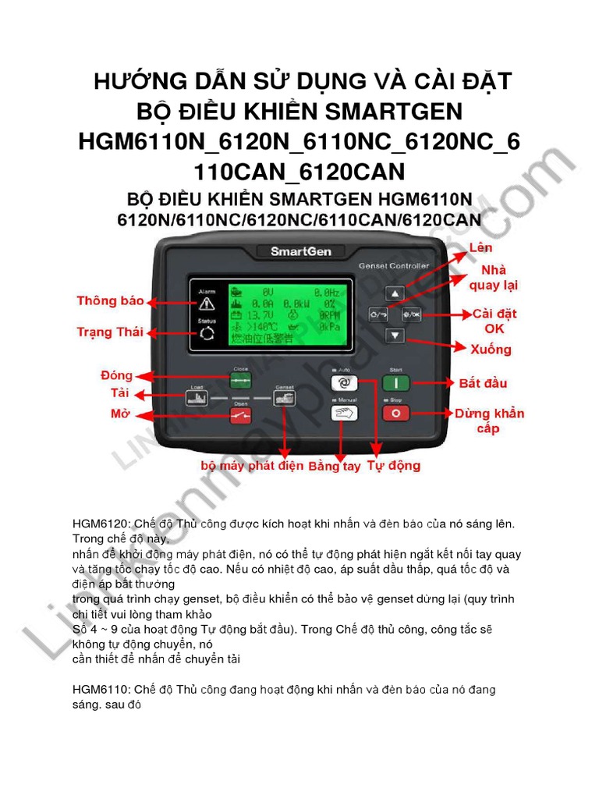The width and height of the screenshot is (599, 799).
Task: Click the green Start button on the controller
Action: [395, 383]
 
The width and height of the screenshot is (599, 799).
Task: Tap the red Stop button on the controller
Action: [395, 414]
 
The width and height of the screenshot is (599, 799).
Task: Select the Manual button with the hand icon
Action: [344, 414]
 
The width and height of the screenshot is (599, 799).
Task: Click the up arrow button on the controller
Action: [396, 294]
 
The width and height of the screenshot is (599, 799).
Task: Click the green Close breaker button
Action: [240, 380]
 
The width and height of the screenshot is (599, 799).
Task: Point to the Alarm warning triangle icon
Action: [207, 304]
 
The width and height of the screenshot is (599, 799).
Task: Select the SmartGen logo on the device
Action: [299, 251]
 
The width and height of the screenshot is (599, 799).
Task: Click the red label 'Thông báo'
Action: [110, 301]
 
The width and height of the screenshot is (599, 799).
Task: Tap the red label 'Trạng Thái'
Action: [110, 332]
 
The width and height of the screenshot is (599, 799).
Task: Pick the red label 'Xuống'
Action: [491, 349]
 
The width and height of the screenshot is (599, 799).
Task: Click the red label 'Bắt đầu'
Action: [483, 383]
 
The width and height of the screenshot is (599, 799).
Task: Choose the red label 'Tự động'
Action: [394, 466]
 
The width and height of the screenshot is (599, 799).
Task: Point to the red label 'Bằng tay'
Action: [335, 467]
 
